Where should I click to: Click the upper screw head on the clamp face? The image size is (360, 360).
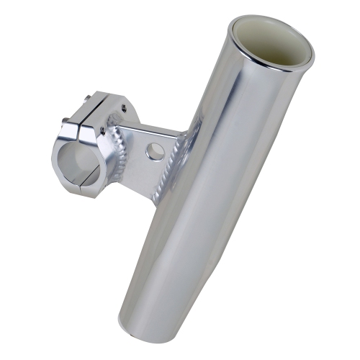(x=101, y=130)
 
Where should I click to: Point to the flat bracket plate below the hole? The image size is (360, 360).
(x=155, y=173)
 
